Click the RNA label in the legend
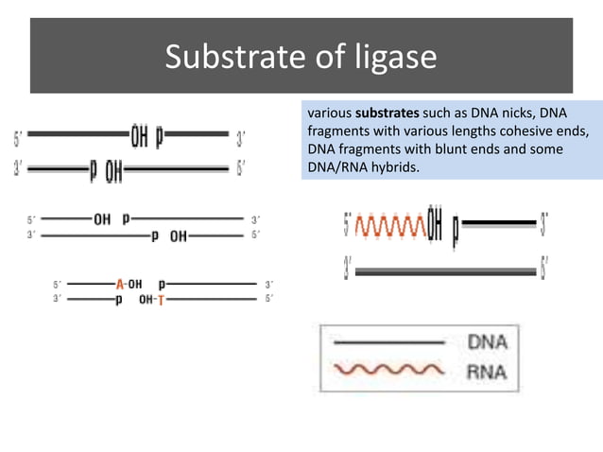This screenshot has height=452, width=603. [487, 371]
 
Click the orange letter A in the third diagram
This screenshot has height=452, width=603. [120, 284]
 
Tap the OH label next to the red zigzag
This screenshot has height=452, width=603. [436, 226]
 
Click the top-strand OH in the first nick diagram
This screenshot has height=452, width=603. [139, 139]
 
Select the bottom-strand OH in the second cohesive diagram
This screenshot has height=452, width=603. [178, 236]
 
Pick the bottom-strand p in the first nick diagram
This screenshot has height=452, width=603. [93, 171]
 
